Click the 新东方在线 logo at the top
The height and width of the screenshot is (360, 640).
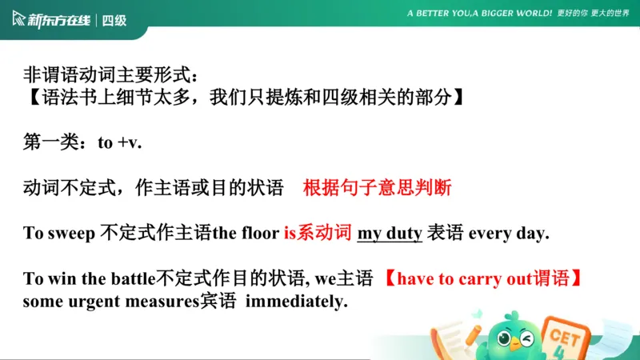tap(52, 20)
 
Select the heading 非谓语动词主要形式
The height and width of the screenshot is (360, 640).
tap(109, 76)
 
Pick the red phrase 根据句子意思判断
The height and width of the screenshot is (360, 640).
tap(377, 189)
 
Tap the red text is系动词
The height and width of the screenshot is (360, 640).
tap(318, 234)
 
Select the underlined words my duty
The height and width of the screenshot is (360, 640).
tap(390, 234)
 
